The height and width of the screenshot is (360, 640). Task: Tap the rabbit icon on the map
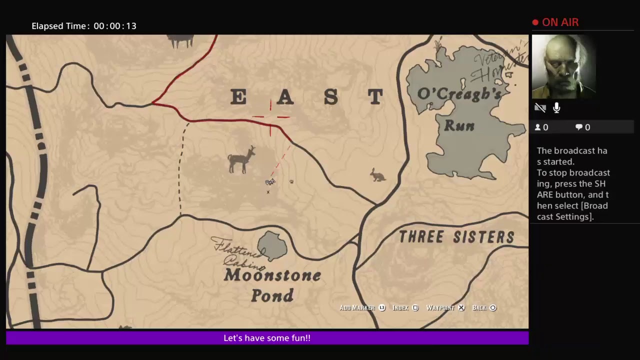click(x=378, y=175)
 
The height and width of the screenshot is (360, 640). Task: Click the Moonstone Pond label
click(x=272, y=285)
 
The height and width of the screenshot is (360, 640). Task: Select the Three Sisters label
click(x=456, y=237)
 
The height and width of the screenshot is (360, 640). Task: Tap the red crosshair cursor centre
click(x=270, y=117)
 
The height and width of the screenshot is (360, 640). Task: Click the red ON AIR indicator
click(x=555, y=22)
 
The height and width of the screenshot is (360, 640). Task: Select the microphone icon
click(x=556, y=108)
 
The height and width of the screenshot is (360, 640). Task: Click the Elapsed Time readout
click(x=84, y=26)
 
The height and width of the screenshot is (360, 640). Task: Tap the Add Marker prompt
click(x=362, y=308)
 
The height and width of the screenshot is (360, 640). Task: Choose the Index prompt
click(x=405, y=308)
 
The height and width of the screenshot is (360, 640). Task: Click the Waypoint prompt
click(x=445, y=308)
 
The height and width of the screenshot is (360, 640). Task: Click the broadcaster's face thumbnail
click(x=563, y=66)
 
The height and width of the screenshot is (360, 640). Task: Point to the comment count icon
click(x=579, y=127)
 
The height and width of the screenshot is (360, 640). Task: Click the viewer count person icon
click(x=538, y=127)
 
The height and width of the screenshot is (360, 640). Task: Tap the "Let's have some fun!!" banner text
click(x=267, y=338)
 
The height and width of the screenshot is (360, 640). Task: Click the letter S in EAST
click(x=330, y=97)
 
